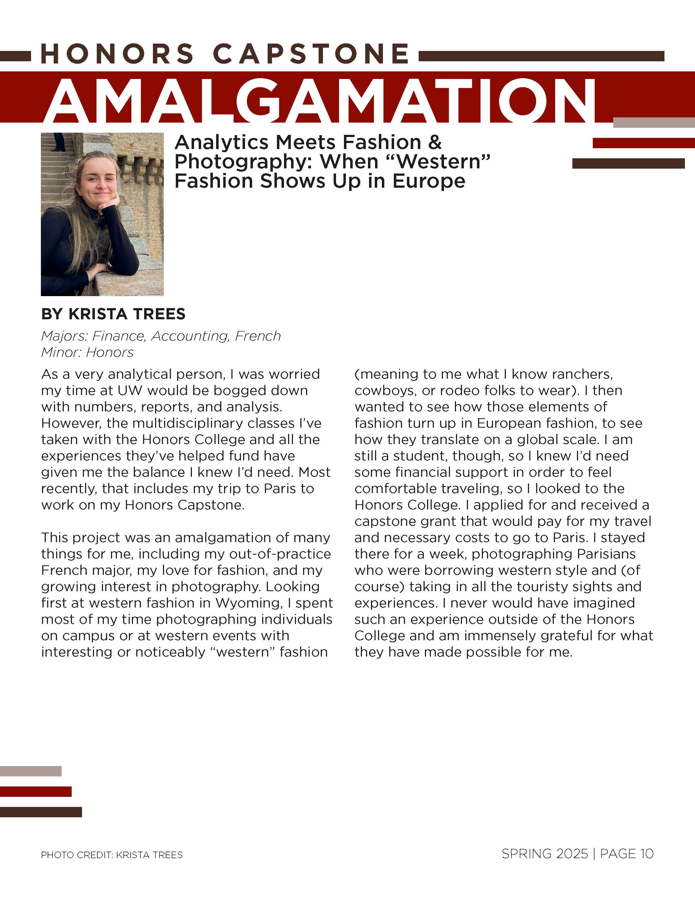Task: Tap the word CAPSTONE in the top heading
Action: pyautogui.click(x=311, y=54)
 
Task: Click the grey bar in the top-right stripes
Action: pyautogui.click(x=654, y=123)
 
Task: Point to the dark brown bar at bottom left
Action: pyautogui.click(x=41, y=812)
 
